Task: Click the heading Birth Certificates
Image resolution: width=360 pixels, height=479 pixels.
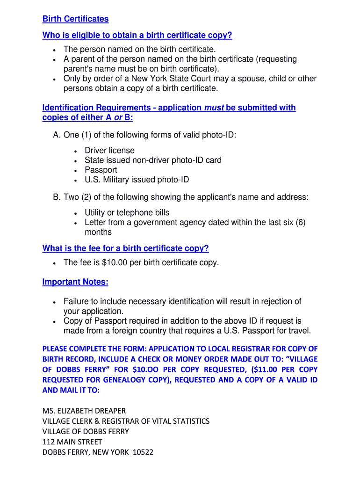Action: (75, 19)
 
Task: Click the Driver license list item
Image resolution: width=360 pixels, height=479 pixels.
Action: (109, 150)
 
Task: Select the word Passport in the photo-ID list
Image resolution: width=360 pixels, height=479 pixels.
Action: (101, 170)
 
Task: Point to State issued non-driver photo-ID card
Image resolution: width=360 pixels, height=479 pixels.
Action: (153, 160)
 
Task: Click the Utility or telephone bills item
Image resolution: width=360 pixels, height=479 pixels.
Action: (127, 212)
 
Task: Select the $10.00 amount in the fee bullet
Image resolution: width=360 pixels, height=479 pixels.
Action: (114, 262)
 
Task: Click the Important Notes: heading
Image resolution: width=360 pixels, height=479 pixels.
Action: (75, 282)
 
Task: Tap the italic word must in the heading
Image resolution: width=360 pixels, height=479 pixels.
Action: (214, 108)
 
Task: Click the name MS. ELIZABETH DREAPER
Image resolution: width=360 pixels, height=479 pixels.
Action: (84, 411)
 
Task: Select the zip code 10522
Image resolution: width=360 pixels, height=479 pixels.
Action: (143, 452)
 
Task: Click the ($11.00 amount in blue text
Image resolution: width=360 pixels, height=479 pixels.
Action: (262, 370)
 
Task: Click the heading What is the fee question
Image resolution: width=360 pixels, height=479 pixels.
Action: (125, 248)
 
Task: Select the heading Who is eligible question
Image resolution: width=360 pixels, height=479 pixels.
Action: (137, 36)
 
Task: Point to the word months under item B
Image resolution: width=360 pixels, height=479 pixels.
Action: (98, 232)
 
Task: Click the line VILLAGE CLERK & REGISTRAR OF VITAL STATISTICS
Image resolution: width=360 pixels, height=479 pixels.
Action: (126, 421)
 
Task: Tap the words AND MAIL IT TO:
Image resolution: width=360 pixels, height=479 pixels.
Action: (71, 390)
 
